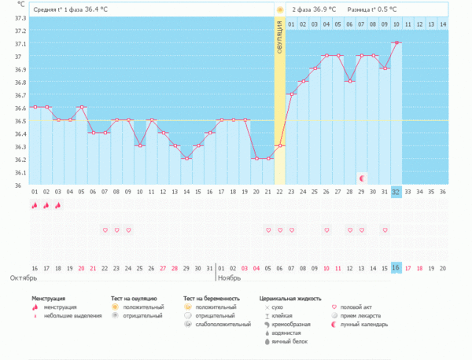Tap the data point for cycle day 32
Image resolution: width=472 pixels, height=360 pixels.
(396, 42)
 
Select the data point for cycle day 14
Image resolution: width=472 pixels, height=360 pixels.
(186, 158)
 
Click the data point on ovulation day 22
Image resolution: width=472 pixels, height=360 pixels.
(279, 145)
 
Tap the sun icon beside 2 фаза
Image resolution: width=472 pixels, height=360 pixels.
(279, 9)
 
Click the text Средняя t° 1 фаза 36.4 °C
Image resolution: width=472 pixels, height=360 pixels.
(70, 9)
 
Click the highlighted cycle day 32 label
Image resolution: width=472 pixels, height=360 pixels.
(396, 191)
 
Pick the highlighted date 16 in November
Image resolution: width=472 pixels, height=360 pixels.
(396, 268)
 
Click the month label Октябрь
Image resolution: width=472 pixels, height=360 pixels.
(23, 279)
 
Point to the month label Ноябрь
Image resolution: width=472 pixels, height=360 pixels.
(229, 279)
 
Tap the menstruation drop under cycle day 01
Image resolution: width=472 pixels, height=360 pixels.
(35, 205)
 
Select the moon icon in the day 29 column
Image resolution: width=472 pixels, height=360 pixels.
(362, 178)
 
